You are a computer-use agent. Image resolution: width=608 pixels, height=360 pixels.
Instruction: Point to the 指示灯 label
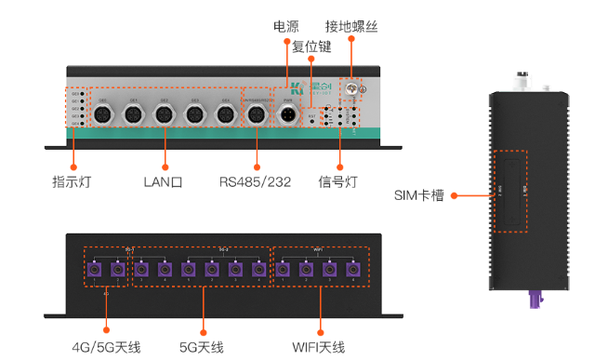tap(72, 181)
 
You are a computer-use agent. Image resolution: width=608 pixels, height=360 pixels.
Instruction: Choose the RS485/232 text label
tap(256, 181)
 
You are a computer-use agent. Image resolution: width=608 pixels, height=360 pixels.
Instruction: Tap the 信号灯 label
tap(337, 181)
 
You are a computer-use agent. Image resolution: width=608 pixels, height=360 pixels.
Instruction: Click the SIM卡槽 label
tap(418, 195)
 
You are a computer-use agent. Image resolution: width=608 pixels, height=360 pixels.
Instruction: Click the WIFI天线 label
tap(318, 347)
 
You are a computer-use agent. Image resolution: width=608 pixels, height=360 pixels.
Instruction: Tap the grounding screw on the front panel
tap(353, 90)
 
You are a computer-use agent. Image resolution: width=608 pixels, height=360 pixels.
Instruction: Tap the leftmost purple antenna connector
tap(94, 271)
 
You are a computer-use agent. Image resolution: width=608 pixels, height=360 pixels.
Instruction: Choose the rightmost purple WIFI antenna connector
tap(352, 271)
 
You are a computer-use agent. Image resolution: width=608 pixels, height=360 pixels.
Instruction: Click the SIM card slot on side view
tap(509, 191)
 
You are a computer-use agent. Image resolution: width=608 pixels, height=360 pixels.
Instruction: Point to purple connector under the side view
tap(535, 300)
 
